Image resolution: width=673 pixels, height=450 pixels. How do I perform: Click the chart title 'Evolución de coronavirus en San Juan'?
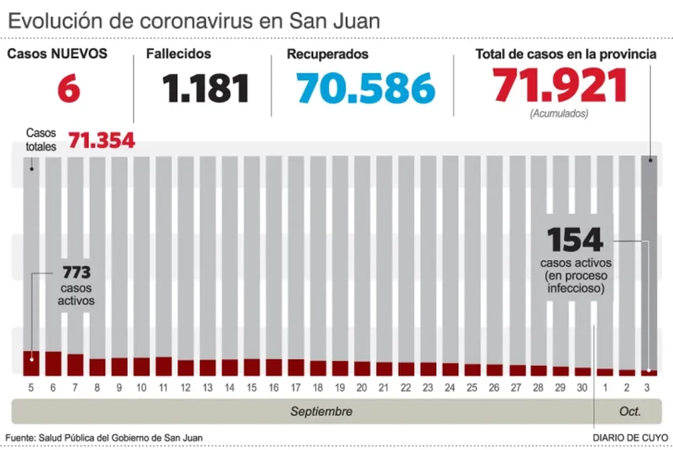click(194, 20)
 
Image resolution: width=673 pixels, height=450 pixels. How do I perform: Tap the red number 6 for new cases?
click(69, 89)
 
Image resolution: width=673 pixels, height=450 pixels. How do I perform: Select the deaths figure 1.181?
click(206, 89)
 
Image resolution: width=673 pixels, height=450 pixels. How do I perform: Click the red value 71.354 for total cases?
click(102, 141)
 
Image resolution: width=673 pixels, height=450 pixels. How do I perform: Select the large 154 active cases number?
click(574, 240)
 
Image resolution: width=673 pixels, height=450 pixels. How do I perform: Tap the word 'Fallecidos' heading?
click(178, 54)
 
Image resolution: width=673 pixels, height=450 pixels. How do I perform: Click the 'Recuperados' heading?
click(328, 54)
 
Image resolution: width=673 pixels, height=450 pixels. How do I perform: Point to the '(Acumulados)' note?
click(559, 114)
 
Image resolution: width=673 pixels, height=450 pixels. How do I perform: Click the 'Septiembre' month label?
click(321, 411)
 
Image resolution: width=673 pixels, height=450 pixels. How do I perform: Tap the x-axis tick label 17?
click(295, 388)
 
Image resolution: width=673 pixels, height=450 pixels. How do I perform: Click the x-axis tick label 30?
click(582, 388)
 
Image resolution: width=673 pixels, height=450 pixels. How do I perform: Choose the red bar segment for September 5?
click(31, 363)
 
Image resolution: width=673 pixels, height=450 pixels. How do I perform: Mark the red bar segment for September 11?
click(164, 366)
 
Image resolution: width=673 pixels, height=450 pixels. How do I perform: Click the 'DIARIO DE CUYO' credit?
click(630, 438)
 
